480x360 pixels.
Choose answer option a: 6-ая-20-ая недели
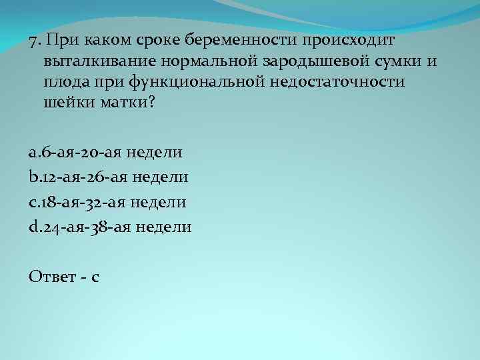106,153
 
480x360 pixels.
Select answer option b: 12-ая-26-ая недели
109,177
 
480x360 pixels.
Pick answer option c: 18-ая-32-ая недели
108,202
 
